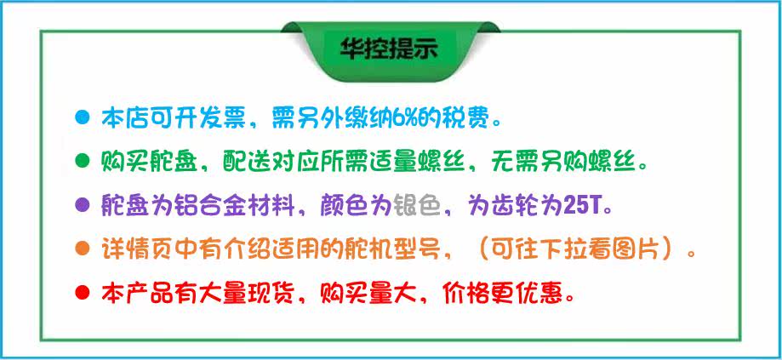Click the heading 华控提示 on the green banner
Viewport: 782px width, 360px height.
389,49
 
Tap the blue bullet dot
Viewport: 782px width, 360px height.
82,118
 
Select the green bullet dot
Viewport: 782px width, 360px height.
82,161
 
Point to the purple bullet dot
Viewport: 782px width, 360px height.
82,204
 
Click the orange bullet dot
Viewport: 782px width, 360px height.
82,248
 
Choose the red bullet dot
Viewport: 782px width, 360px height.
82,291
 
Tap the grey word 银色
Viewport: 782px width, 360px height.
418,205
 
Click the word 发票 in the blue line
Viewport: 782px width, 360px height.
221,118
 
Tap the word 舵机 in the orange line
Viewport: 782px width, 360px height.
368,249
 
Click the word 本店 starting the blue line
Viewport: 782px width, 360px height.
125,118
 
